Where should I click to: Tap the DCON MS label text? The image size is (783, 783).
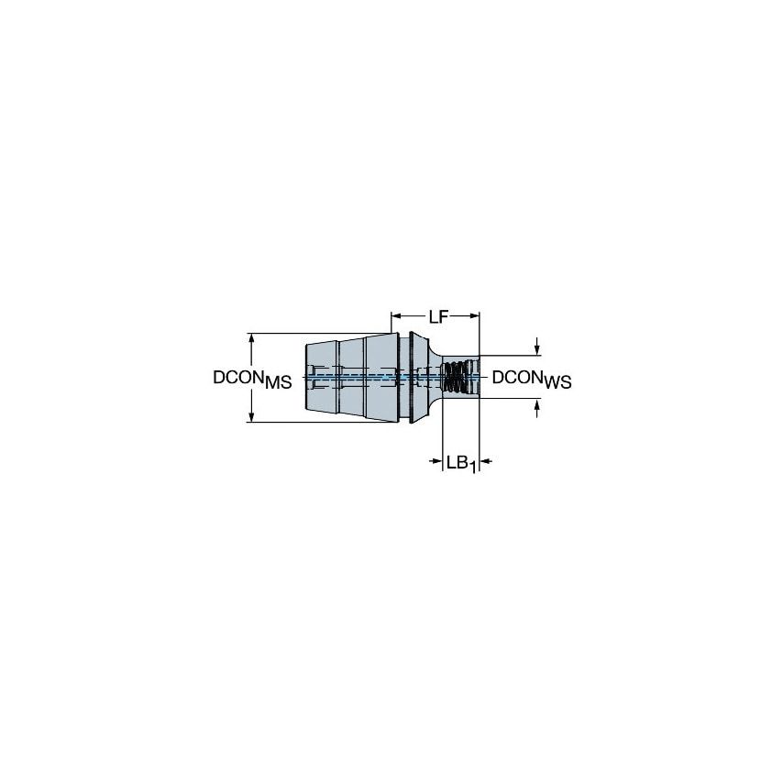(x=252, y=379)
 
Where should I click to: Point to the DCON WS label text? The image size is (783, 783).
(x=532, y=379)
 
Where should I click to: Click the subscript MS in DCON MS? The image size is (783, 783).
(x=278, y=383)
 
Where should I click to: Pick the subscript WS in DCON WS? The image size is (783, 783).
(x=557, y=383)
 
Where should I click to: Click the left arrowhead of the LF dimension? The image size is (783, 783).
(x=396, y=317)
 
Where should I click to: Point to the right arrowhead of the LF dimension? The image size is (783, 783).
(x=474, y=317)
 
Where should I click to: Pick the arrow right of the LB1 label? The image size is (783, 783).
(x=487, y=461)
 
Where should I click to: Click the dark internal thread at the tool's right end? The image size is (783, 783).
(x=455, y=377)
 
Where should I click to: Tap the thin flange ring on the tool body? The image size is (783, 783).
(x=404, y=377)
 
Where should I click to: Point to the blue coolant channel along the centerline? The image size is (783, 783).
(x=367, y=376)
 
